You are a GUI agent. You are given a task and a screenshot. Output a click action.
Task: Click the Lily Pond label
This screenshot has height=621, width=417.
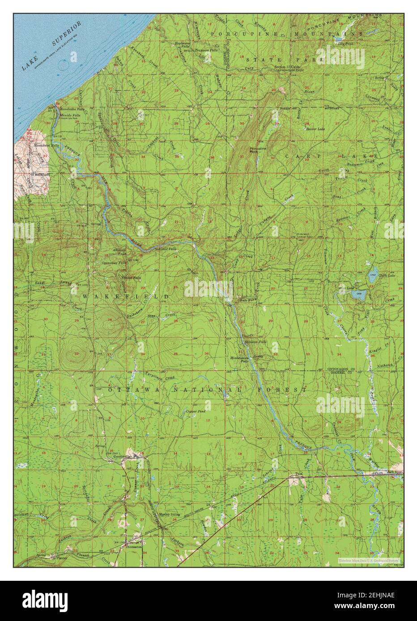(342, 44)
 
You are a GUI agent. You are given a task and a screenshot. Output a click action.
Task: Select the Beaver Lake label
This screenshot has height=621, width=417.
(315, 129)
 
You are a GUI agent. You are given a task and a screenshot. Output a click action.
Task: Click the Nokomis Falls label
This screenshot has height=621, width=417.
(165, 248)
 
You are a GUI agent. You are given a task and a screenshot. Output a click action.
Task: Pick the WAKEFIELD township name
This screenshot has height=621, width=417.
(125, 296)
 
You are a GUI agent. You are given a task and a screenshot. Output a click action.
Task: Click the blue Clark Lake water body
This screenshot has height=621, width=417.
(373, 272)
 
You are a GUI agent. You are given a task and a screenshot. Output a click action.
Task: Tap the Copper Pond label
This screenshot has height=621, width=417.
(196, 410)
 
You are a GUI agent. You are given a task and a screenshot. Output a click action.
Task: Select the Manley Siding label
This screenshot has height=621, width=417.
(169, 514)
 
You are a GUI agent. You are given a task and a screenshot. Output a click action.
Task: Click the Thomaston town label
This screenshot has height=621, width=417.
(133, 546)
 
